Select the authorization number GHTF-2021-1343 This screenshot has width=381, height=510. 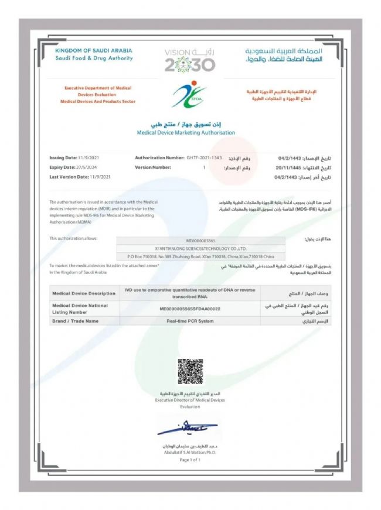coord(204,158)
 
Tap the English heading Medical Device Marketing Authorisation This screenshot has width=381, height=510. coord(186,133)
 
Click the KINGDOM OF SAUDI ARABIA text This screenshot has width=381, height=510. coord(94,51)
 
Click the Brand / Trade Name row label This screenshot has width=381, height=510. coord(76,321)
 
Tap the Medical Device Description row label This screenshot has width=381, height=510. coord(84,293)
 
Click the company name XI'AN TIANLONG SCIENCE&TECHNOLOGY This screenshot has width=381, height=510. coord(200,248)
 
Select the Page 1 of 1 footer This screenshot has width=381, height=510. coord(190,460)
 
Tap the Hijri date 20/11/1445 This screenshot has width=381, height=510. coord(288,167)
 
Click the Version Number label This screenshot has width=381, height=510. coord(152,167)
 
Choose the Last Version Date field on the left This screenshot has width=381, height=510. coord(80,176)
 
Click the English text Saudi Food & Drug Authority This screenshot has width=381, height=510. coord(94,58)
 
